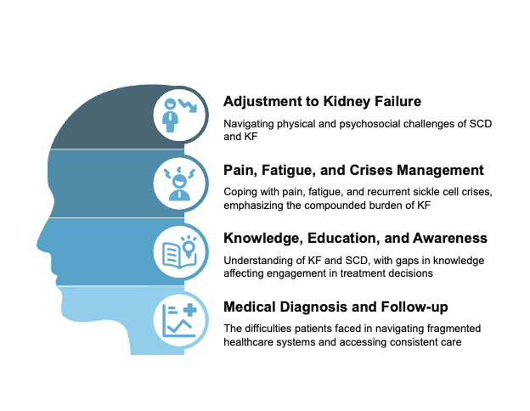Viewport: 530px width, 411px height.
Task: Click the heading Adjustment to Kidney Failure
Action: point(322,102)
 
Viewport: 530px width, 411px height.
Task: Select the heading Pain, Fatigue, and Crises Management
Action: point(353,171)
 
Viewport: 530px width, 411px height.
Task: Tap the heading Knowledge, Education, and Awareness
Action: point(355,239)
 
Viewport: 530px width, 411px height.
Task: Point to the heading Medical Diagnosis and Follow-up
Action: point(335,307)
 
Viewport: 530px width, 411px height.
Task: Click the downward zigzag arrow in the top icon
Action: point(187,105)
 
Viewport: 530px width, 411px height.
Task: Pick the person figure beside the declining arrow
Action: point(171,115)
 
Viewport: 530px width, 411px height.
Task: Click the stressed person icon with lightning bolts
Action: point(179,184)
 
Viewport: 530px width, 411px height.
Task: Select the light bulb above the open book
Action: point(189,246)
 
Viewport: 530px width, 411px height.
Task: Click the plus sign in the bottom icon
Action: point(189,310)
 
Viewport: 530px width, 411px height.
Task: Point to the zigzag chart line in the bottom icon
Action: point(179,325)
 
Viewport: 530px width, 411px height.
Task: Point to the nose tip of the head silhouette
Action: point(37,245)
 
